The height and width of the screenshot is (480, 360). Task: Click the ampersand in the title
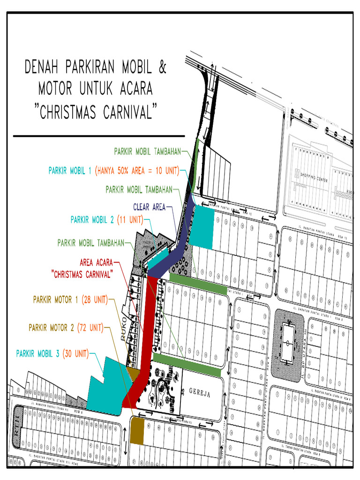point(162,67)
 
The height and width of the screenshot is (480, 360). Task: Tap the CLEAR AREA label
point(149,207)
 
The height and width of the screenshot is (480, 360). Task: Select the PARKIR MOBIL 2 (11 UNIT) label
point(107,219)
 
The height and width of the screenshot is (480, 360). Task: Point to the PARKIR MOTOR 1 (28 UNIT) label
point(70,299)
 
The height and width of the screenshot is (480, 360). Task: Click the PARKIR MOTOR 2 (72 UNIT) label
point(66,327)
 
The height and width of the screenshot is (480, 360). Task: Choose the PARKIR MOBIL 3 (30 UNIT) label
point(52,353)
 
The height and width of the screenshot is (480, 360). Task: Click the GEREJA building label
point(200,393)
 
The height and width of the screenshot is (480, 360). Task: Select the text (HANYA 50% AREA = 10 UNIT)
point(137,171)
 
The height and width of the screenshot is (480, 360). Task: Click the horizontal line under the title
point(99,136)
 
